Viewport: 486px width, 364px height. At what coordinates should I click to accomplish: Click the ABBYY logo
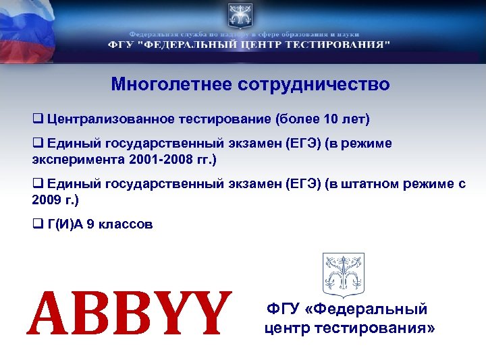[129, 313]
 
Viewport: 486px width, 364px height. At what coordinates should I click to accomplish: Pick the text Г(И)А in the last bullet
[65, 224]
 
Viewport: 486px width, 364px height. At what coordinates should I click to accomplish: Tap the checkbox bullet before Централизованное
[38, 120]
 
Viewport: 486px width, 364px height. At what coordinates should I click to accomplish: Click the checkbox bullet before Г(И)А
[38, 224]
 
